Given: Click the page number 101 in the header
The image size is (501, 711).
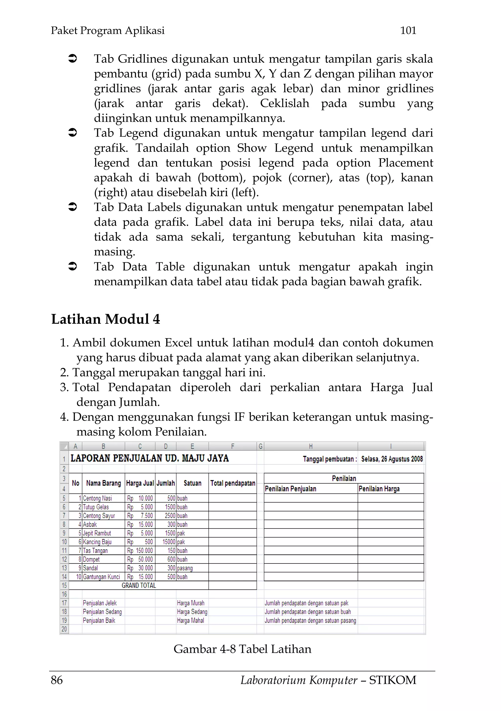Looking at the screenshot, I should [408, 30].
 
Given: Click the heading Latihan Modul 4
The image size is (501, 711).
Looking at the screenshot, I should [106, 319].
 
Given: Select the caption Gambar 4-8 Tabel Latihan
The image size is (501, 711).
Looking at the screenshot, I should [242, 649].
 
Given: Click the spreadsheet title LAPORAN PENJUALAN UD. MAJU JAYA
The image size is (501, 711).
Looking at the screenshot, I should [149, 458].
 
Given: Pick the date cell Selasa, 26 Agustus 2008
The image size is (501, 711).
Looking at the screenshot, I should [392, 459].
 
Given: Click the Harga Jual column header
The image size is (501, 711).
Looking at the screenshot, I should [140, 483].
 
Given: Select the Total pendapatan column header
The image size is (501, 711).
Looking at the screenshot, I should [233, 483].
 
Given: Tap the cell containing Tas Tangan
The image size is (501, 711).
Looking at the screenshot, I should [95, 550].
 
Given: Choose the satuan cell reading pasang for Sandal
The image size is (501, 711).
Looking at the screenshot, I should [185, 568].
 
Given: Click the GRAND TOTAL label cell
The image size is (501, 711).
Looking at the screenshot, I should [139, 585].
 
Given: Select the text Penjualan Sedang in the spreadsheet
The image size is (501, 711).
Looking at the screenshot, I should [102, 612].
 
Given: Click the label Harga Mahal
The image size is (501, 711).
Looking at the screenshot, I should [190, 620].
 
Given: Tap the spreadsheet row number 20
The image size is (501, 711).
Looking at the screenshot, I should [64, 629].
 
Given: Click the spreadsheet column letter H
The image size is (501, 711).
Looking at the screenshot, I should [311, 446].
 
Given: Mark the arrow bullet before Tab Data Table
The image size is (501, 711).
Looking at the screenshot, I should [72, 266].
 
